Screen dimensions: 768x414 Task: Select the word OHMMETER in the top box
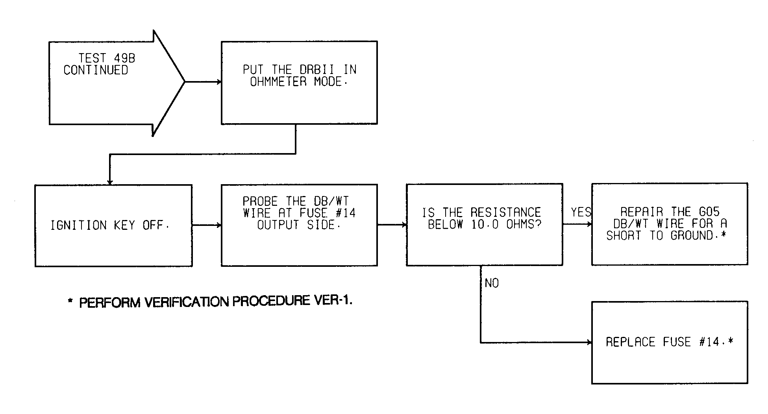pos(278,82)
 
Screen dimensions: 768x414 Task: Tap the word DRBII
pos(317,70)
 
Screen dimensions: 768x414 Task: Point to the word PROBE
pos(260,201)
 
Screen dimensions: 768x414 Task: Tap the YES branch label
pos(581,213)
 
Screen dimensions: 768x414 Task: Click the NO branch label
pos(492,283)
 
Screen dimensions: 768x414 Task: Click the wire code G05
pos(709,212)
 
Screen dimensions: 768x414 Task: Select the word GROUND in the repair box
pos(692,235)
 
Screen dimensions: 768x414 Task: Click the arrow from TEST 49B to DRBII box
pos(203,82)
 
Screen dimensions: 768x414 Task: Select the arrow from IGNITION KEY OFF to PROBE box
pos(207,225)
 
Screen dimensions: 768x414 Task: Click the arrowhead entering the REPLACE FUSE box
pos(589,342)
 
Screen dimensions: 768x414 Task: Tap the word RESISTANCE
pos(506,213)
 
